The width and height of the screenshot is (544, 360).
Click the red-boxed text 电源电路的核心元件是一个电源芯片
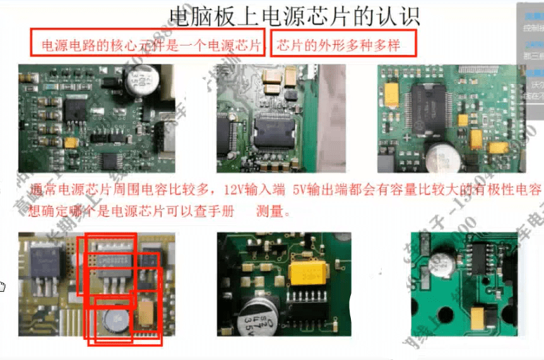(x=151, y=45)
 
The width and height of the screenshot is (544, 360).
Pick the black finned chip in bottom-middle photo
(x=309, y=311)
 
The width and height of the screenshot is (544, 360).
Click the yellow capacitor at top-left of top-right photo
(x=391, y=95)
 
